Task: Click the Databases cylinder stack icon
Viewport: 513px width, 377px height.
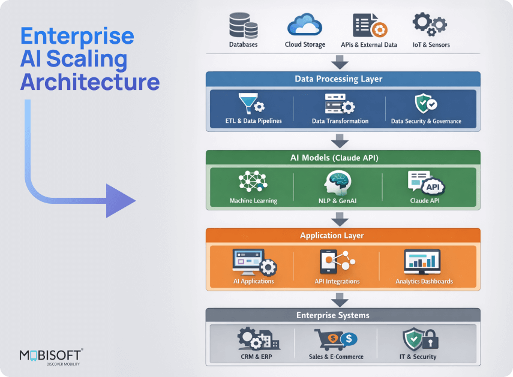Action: (243, 25)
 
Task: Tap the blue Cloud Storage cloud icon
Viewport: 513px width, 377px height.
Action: (305, 25)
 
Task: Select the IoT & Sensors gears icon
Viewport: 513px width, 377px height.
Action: (430, 25)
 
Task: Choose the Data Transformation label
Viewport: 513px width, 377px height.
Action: (340, 121)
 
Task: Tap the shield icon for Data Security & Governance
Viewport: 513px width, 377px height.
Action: (425, 103)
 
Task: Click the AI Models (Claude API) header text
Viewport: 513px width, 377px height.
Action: (339, 158)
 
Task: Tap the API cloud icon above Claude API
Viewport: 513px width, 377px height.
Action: (433, 185)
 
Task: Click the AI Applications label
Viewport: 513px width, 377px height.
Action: (253, 281)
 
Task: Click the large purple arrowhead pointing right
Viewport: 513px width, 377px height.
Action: (121, 200)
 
